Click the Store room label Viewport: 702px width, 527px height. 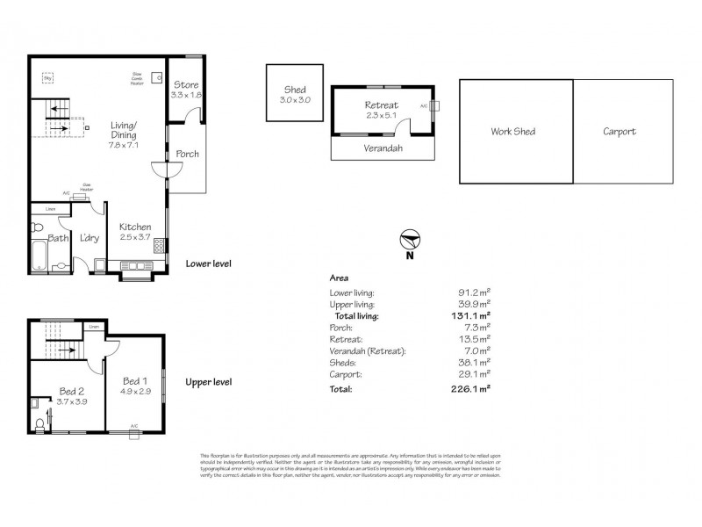pos(186,85)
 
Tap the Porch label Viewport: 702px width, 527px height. pos(187,154)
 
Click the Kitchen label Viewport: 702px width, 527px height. pos(135,227)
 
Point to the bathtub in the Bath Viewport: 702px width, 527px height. pos(37,257)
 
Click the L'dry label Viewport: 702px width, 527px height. pos(88,238)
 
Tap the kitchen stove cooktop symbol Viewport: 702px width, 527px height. pos(159,246)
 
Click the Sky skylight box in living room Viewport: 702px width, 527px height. pos(47,79)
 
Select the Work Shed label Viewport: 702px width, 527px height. pos(512,132)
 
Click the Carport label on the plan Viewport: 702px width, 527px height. pos(620,132)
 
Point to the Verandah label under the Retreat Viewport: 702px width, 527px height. pos(383,148)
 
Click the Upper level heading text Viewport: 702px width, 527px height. pos(208,383)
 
